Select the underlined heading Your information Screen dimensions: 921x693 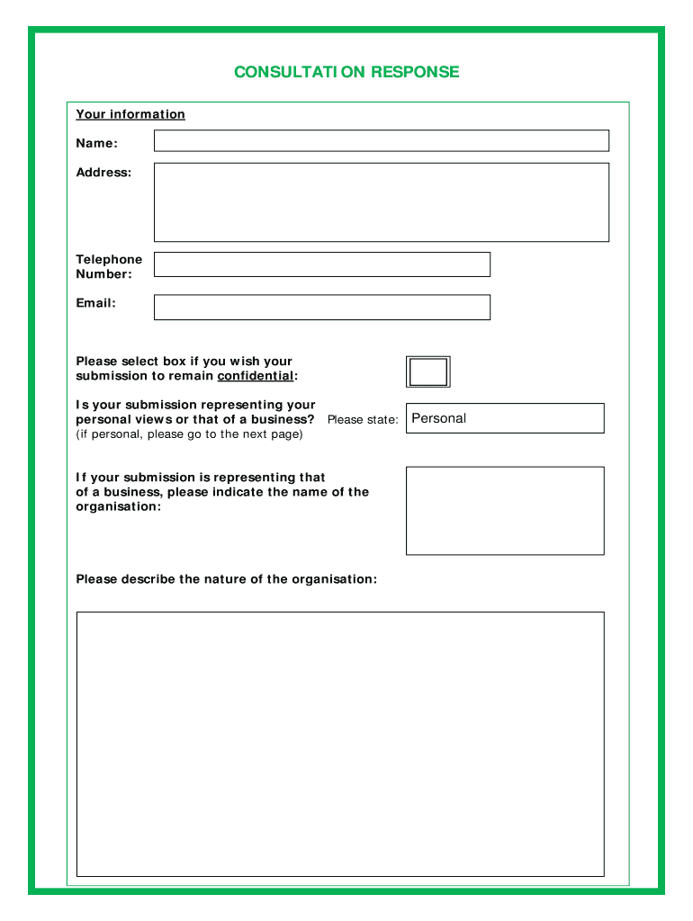[x=130, y=114]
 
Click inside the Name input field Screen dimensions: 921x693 [x=381, y=140]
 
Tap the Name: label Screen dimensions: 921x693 [x=96, y=144]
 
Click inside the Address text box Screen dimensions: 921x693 [x=381, y=201]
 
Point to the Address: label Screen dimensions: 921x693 [x=103, y=173]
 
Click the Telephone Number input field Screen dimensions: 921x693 [x=321, y=264]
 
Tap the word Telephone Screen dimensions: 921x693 [x=109, y=260]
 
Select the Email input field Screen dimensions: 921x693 [x=321, y=307]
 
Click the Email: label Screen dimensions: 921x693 [x=95, y=303]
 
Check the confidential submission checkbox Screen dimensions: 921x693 [x=428, y=371]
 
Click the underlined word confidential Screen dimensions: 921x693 [x=256, y=376]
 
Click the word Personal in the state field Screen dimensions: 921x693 [x=439, y=418]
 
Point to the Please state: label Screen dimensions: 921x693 [x=362, y=420]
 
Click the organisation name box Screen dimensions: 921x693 [x=504, y=510]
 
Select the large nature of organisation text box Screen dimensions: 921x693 [x=339, y=744]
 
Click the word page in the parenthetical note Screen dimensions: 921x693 [x=285, y=434]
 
